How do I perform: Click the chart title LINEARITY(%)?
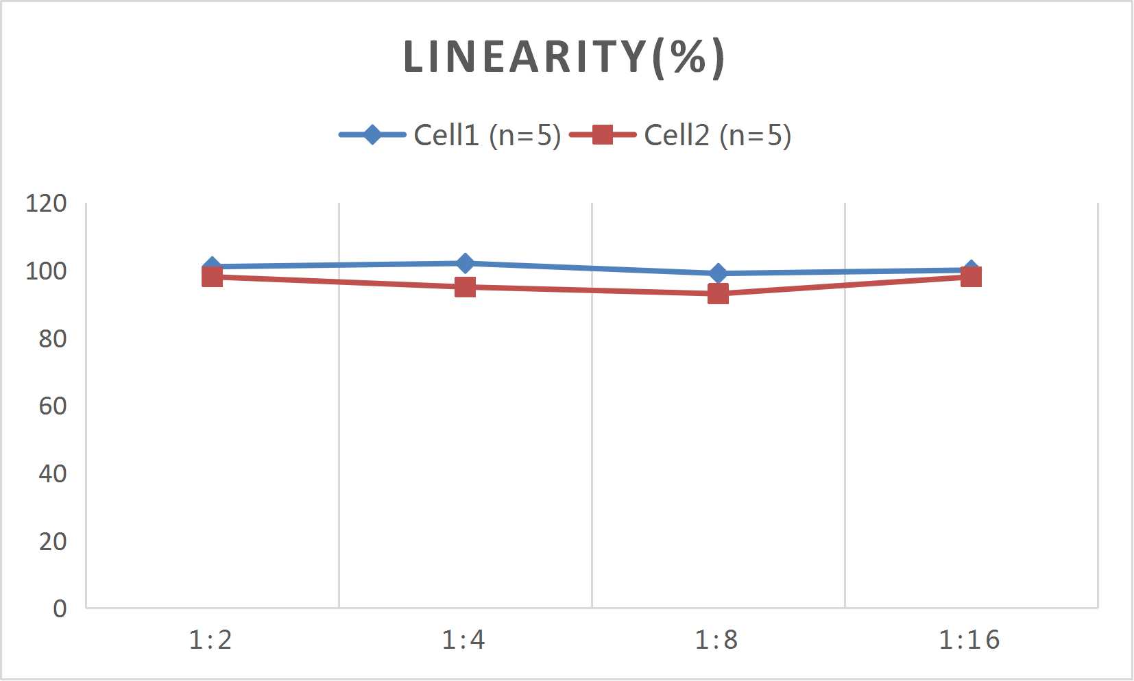564,57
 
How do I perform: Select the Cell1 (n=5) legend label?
487,135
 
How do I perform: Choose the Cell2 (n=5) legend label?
717,135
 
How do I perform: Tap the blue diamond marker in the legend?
372,134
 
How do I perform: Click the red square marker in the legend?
602,134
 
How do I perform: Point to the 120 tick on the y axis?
46,203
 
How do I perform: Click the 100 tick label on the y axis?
46,271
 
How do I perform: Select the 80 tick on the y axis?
52,338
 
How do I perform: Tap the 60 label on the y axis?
52,406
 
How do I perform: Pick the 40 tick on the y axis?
52,473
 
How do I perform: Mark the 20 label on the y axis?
52,541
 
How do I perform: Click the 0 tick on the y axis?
60,608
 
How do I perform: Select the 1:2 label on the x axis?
210,640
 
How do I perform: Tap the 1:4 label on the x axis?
463,640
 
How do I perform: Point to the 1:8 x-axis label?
716,640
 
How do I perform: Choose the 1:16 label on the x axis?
969,640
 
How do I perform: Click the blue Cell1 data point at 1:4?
465,263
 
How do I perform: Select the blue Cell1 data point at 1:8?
718,273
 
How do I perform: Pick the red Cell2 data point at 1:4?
465,287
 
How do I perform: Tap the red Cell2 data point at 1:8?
718,294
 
